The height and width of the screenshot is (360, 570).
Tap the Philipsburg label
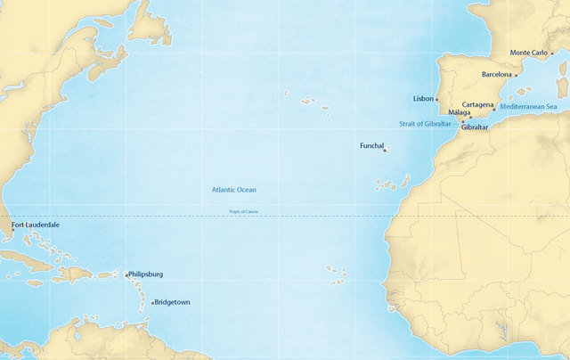pos(146,274)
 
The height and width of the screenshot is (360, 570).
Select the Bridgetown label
pos(173,302)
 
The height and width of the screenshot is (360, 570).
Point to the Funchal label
pos(371,145)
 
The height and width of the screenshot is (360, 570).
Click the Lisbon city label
pos(424,98)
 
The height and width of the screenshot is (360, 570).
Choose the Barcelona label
pos(497,75)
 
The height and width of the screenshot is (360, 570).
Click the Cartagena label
pos(478,105)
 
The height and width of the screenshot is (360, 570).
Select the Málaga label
pos(460,113)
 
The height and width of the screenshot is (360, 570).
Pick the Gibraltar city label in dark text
pos(475,127)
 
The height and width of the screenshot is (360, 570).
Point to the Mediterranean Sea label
pos(528,107)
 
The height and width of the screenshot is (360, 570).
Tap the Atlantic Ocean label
pos(234,190)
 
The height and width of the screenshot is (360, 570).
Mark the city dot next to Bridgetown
pos(153,303)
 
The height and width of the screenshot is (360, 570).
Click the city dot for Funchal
pos(385,151)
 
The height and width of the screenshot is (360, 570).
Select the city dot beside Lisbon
pos(437,99)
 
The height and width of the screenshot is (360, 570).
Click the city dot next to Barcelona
pos(516,76)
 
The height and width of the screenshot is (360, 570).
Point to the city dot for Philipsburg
pos(126,275)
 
